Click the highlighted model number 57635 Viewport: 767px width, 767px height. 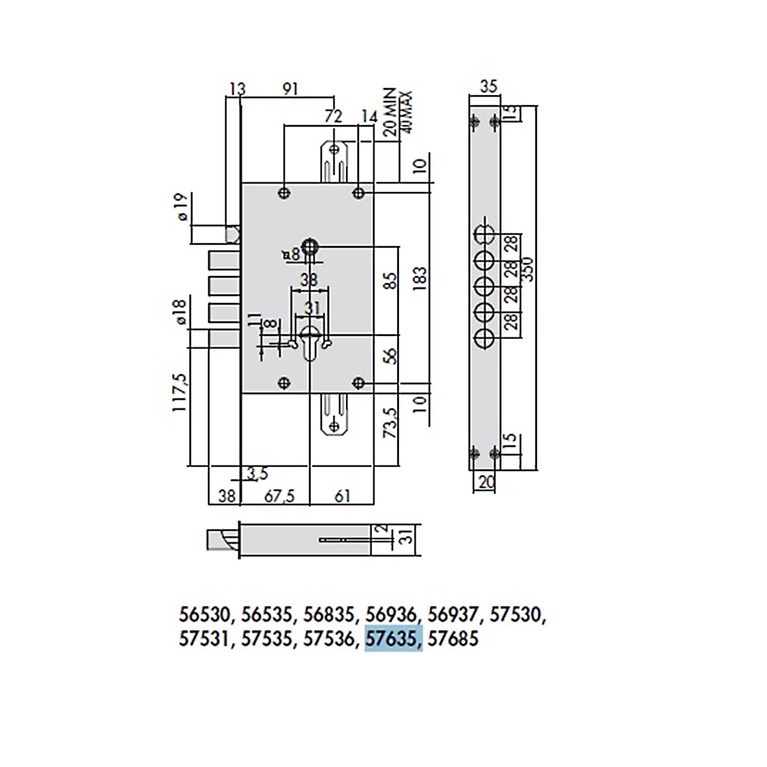point(391,639)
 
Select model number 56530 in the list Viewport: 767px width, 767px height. point(203,614)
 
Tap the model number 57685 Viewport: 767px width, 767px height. point(453,639)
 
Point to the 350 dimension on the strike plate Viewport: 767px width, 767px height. point(528,269)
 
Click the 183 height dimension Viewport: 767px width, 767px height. point(420,280)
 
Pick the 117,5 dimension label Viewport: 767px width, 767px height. point(179,392)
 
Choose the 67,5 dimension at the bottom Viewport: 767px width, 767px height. point(280,496)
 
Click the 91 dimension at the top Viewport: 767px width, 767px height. point(290,89)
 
